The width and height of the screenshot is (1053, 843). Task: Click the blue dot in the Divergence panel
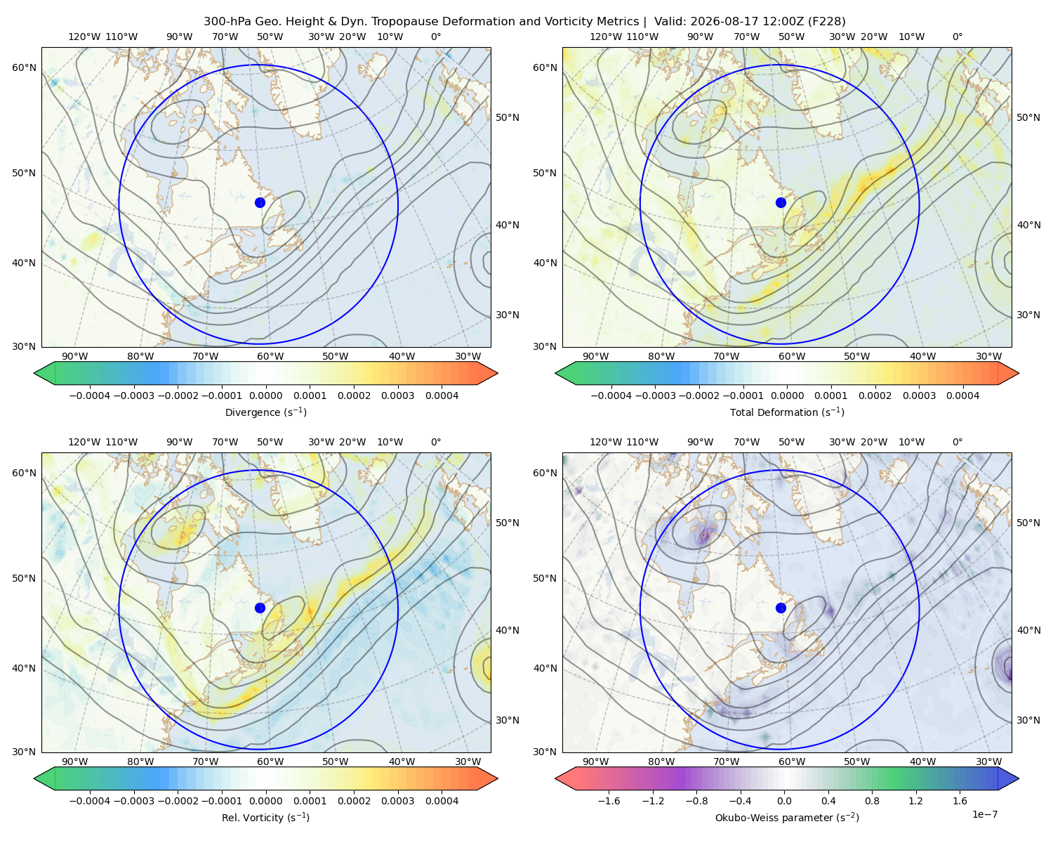click(x=260, y=203)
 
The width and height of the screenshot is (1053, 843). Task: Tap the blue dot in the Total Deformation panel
click(x=781, y=203)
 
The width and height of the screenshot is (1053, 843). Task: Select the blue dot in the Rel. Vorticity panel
click(x=260, y=608)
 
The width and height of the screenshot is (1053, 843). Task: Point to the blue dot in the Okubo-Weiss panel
click(x=781, y=608)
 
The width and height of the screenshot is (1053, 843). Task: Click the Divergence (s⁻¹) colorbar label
click(x=265, y=412)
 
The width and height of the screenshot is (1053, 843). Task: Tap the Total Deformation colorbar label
click(x=787, y=412)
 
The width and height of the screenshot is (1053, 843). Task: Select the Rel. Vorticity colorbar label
click(x=265, y=818)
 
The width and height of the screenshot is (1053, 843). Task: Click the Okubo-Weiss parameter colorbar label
click(x=787, y=818)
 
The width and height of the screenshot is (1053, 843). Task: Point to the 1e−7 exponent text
click(x=984, y=814)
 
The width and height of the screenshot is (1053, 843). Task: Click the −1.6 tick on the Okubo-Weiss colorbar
click(x=609, y=801)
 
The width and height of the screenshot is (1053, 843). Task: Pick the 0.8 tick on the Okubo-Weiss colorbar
click(x=872, y=801)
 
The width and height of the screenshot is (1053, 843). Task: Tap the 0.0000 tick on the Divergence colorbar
click(x=265, y=396)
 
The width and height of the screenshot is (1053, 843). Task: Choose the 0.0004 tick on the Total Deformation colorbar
click(x=962, y=396)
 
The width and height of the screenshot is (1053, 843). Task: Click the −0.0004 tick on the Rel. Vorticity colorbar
click(x=90, y=801)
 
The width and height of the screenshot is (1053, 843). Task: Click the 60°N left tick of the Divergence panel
click(x=24, y=67)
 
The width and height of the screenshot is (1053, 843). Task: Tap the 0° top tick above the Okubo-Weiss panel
click(x=958, y=442)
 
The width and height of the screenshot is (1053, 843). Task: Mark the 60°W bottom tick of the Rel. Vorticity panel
click(x=270, y=762)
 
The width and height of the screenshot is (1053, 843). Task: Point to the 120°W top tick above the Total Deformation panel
click(x=605, y=37)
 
